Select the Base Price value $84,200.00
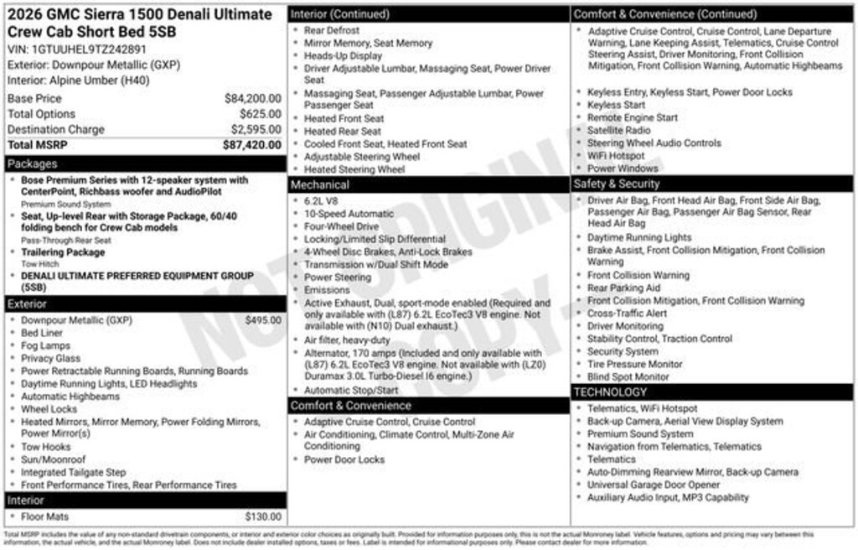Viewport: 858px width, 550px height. pyautogui.click(x=252, y=98)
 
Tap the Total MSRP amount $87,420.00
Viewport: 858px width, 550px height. pyautogui.click(x=251, y=145)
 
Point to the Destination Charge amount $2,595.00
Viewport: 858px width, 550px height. pyautogui.click(x=256, y=129)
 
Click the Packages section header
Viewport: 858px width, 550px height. pyautogui.click(x=33, y=163)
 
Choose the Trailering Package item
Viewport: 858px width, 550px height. pyautogui.click(x=63, y=252)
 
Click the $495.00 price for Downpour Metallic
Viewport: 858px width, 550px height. pyautogui.click(x=263, y=319)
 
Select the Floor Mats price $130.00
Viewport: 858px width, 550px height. pyautogui.click(x=263, y=516)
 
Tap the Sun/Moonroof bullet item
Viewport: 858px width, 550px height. pyautogui.click(x=54, y=459)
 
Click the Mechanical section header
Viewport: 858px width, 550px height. pyautogui.click(x=320, y=184)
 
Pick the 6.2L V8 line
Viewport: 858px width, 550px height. pyautogui.click(x=321, y=201)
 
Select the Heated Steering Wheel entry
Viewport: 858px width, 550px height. pyautogui.click(x=354, y=169)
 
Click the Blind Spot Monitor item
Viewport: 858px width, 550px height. pyautogui.click(x=628, y=377)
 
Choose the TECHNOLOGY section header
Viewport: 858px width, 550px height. pyautogui.click(x=611, y=392)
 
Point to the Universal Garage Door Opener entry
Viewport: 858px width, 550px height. pyautogui.click(x=654, y=485)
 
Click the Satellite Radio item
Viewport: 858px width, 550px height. pyautogui.click(x=618, y=130)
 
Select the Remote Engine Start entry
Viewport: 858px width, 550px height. pyautogui.click(x=633, y=117)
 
